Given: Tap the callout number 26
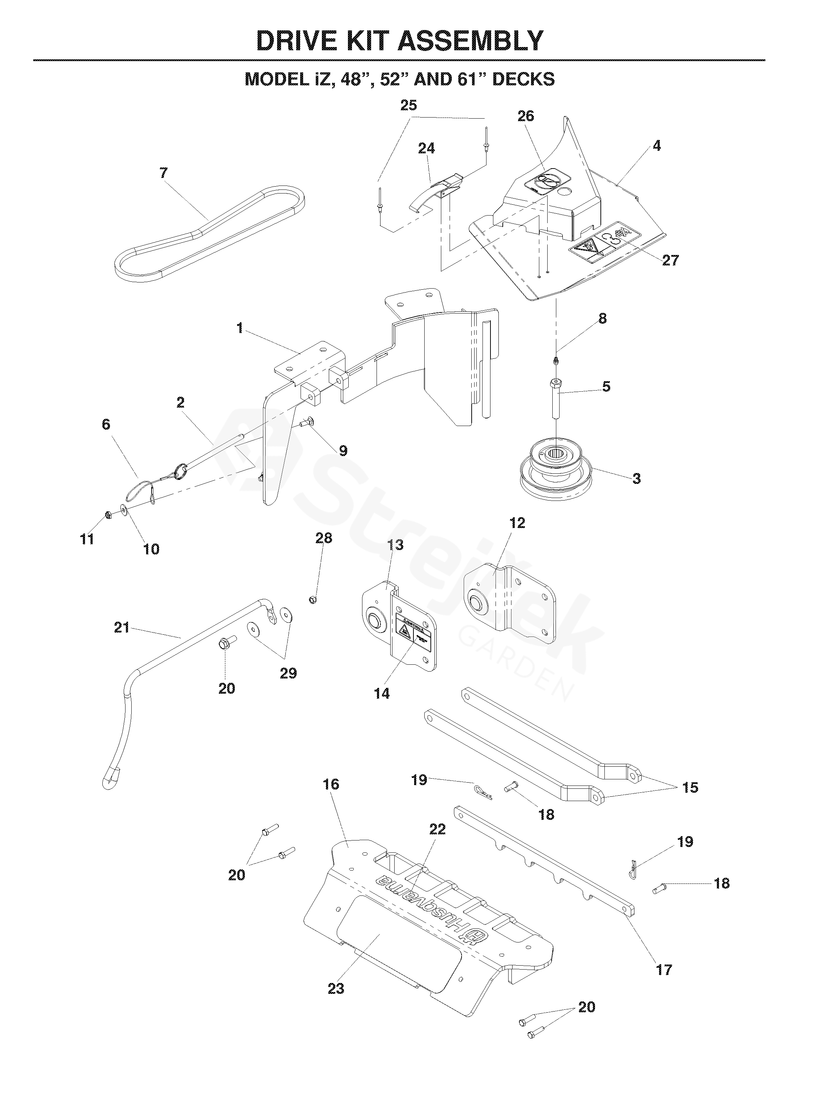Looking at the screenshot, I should (x=526, y=116).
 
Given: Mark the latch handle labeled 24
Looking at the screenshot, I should (x=435, y=192).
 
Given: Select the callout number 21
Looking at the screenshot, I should (x=122, y=627).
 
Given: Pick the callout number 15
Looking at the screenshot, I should (x=690, y=788).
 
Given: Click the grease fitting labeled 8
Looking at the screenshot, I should (x=557, y=361).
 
